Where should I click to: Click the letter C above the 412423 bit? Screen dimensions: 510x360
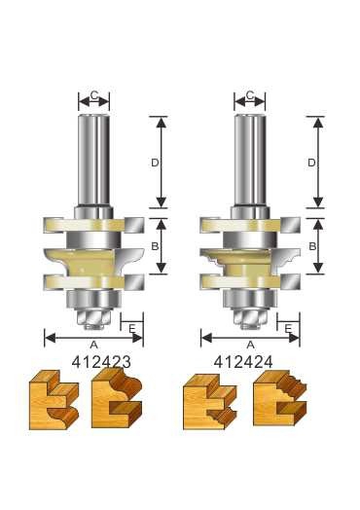(93, 96)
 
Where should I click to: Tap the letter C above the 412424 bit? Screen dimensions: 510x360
(250, 96)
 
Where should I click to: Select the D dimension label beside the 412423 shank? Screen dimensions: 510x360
(155, 164)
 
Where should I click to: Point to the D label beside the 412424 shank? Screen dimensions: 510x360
(311, 164)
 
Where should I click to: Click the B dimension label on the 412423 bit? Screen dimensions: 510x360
(155, 247)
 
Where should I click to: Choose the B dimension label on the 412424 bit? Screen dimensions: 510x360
(311, 247)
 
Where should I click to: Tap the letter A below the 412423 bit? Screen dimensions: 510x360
(93, 345)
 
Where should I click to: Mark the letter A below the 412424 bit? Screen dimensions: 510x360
(250, 345)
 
